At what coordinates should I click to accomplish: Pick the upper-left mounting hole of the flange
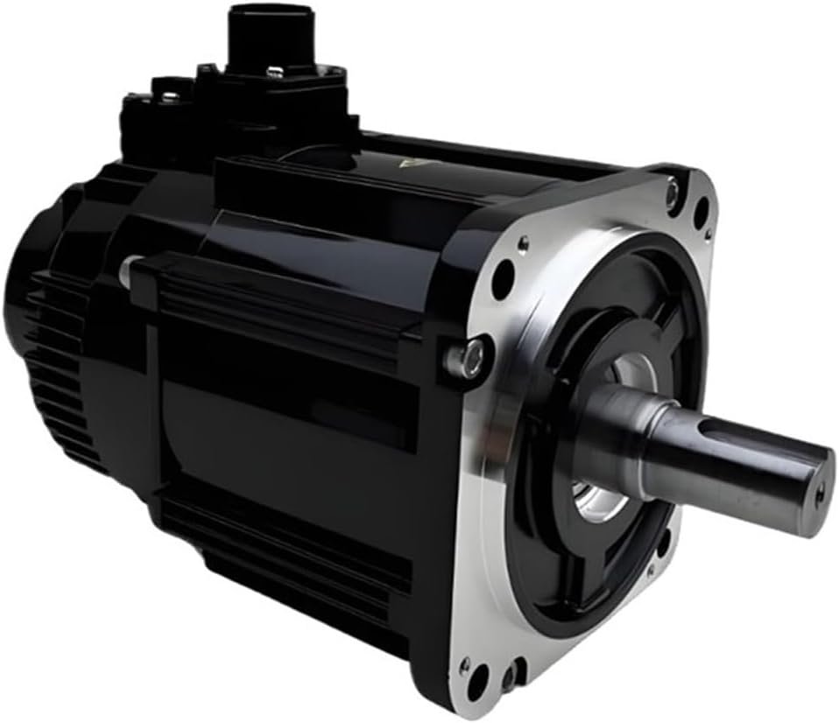(x=503, y=278)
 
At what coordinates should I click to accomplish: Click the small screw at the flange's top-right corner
(x=672, y=187)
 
